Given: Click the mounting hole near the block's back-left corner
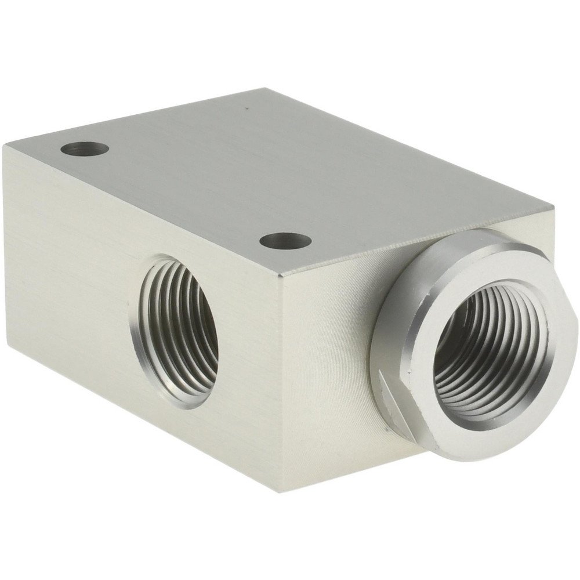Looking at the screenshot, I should (85, 149).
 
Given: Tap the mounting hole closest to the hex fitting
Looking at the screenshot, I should (285, 240).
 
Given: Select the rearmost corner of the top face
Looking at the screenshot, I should (266, 88).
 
